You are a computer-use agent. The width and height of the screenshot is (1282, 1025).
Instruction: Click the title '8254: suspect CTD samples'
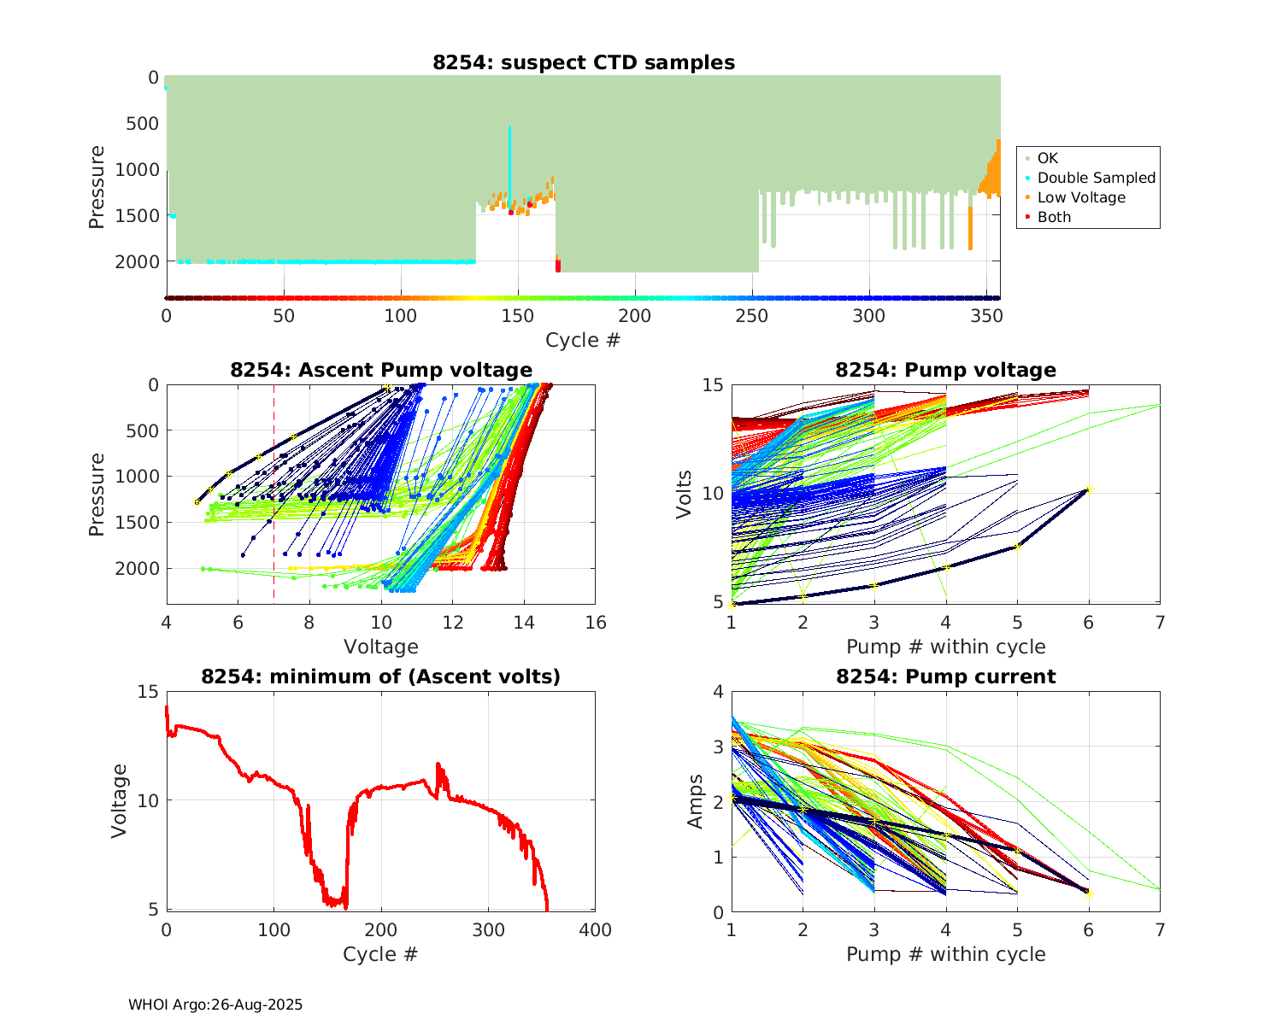coord(583,62)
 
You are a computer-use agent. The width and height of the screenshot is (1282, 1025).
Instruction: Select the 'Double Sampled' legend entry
coord(1096,178)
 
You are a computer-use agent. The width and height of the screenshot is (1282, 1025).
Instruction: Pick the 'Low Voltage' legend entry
coord(1081,197)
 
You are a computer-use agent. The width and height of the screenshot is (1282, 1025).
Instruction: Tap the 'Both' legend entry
coord(1054,217)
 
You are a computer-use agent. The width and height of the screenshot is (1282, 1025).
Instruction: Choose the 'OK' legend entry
coord(1047,158)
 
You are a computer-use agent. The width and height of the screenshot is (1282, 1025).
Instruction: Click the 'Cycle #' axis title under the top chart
coord(583,340)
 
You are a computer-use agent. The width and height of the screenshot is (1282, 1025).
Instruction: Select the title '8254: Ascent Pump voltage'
coord(381,370)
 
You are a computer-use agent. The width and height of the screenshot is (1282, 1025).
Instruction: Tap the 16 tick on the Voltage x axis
coord(596,623)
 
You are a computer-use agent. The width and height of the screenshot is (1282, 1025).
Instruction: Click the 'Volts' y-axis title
coord(684,494)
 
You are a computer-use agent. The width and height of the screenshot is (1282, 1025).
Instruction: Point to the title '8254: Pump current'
coord(946,676)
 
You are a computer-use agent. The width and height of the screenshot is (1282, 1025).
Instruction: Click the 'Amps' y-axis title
coord(696,801)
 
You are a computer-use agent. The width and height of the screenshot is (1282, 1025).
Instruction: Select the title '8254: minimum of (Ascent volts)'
coord(381,676)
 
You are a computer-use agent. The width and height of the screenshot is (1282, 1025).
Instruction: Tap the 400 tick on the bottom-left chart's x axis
coord(596,930)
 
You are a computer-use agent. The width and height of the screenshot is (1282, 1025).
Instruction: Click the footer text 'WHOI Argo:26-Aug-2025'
coord(215,1004)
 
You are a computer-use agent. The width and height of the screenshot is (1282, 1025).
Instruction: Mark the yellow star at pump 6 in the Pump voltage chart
coord(1089,489)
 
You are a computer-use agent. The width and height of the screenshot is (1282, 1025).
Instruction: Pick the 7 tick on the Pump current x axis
coord(1160,930)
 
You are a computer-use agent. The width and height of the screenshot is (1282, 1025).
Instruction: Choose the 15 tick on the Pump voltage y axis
coord(713,385)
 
